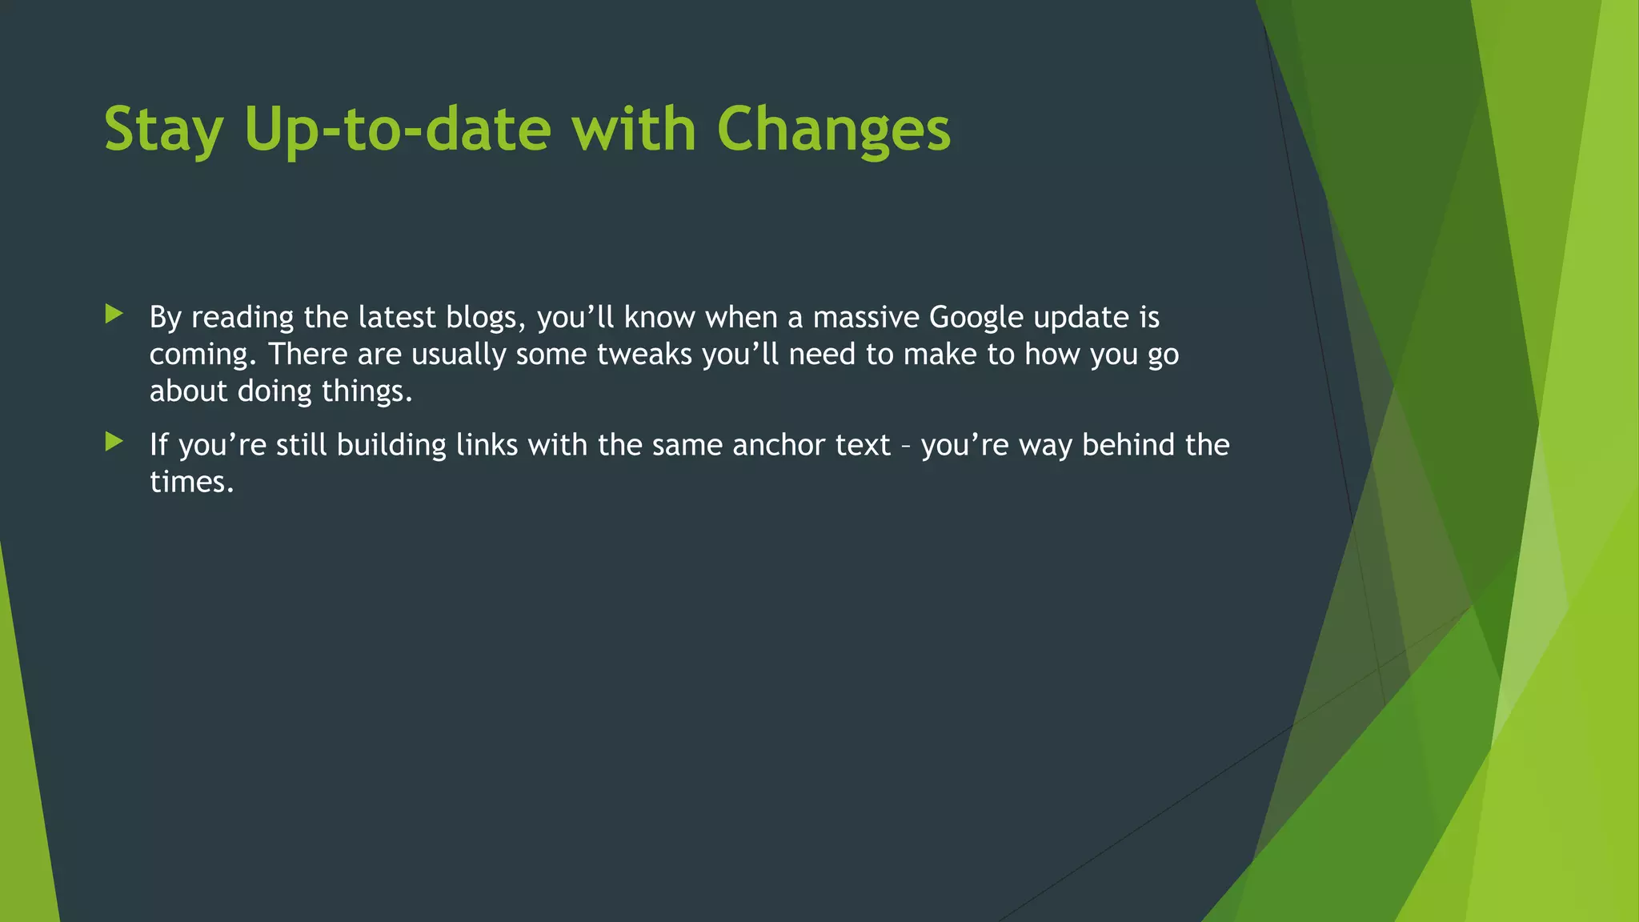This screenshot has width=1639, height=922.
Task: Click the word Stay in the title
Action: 163,130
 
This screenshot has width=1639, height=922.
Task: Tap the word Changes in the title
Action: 833,130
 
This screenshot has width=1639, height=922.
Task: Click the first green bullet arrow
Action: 114,314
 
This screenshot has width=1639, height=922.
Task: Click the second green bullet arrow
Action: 114,441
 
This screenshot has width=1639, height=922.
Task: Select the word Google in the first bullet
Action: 976,318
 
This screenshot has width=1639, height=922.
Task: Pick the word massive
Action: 866,318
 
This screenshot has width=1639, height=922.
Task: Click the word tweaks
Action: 644,355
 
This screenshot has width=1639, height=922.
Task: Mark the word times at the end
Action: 191,482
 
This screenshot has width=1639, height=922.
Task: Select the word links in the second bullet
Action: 487,445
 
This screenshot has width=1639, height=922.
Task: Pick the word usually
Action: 459,355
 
